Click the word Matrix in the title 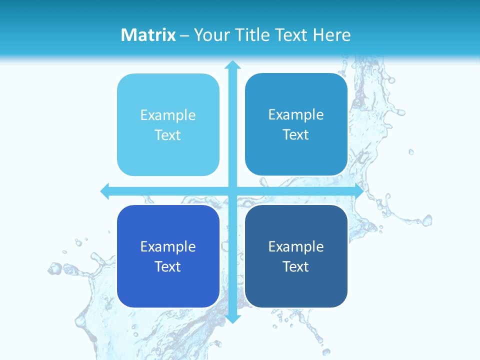click(x=148, y=35)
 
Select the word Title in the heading click(x=251, y=35)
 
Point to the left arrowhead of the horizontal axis click(x=105, y=191)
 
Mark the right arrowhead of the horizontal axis click(x=358, y=191)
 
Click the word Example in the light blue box click(x=168, y=115)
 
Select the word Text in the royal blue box click(x=168, y=266)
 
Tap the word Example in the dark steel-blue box click(x=296, y=246)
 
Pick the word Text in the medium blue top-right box click(x=296, y=135)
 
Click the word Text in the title click(x=291, y=35)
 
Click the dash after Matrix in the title click(x=184, y=35)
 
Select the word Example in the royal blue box click(x=168, y=246)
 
